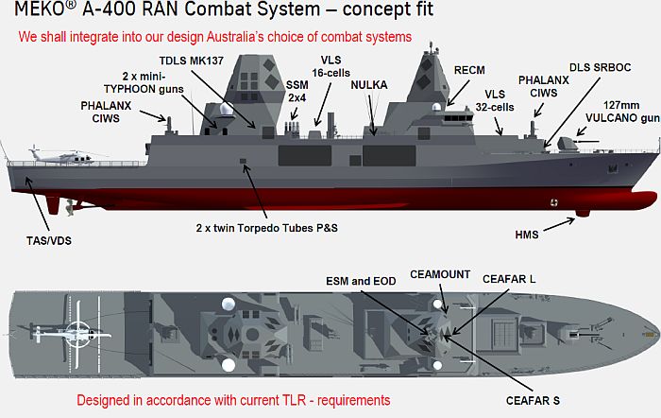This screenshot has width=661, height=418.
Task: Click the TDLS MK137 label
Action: pyautogui.click(x=191, y=61)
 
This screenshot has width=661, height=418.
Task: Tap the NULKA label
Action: pyautogui.click(x=369, y=85)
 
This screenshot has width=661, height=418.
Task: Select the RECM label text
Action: pyautogui.click(x=469, y=70)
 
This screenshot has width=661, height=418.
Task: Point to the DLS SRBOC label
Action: pyautogui.click(x=600, y=67)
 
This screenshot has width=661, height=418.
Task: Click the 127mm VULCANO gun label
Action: pyautogui.click(x=622, y=112)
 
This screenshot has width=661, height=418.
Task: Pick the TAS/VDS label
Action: pyautogui.click(x=49, y=241)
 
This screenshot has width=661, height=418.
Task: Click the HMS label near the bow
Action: pyautogui.click(x=527, y=235)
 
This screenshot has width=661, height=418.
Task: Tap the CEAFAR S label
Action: pyautogui.click(x=533, y=401)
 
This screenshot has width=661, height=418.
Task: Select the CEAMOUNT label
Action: pyautogui.click(x=440, y=274)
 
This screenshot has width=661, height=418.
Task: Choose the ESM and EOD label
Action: pyautogui.click(x=361, y=281)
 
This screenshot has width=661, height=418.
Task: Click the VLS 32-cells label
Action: pyautogui.click(x=495, y=101)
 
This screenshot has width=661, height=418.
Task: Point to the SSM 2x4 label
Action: pyautogui.click(x=297, y=92)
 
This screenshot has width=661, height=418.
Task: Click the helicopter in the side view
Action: pyautogui.click(x=63, y=156)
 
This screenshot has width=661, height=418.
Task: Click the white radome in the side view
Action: pyautogui.click(x=227, y=110)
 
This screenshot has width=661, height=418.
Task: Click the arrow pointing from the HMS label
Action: pyautogui.click(x=559, y=224)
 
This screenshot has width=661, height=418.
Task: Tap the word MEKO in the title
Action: pyautogui.click(x=40, y=9)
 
